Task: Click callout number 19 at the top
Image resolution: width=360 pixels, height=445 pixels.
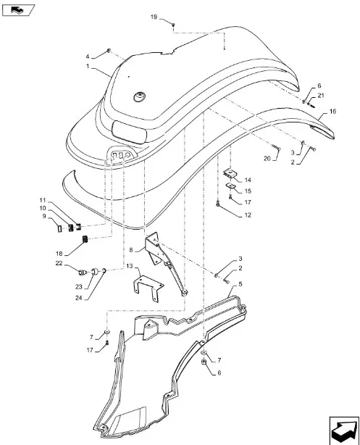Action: (154, 17)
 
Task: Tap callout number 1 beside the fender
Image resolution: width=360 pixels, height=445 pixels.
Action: (88, 66)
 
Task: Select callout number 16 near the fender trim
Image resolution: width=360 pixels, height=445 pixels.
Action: (332, 112)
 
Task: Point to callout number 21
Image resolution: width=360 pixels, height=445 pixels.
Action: (321, 96)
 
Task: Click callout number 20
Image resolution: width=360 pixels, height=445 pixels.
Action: (267, 159)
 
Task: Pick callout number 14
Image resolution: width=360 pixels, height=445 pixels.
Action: (248, 180)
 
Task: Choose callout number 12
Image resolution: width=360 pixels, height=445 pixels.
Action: (248, 215)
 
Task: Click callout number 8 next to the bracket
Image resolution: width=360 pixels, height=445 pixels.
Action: (131, 250)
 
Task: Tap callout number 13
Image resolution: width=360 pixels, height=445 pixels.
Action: (130, 266)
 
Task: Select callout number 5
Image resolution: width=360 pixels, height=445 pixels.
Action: (240, 284)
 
